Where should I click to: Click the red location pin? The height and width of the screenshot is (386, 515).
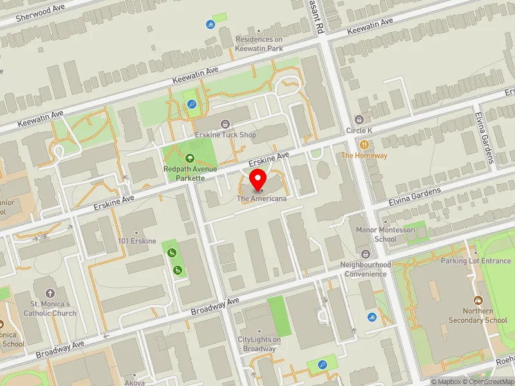[258, 181]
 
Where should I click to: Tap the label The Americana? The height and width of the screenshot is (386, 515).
[261, 198]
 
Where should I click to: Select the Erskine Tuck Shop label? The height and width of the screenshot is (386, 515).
[225, 135]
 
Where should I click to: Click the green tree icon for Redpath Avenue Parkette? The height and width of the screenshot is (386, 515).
[189, 158]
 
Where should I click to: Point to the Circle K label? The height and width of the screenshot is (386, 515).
[359, 131]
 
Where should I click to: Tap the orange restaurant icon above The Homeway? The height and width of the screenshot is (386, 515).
[364, 145]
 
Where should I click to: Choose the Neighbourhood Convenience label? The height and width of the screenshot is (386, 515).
[365, 269]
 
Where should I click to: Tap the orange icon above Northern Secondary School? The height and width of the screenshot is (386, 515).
[478, 300]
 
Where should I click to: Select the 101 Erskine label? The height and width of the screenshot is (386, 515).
[137, 241]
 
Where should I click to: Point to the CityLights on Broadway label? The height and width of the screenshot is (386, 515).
[259, 344]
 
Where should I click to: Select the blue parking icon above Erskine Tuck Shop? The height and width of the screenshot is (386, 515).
[191, 104]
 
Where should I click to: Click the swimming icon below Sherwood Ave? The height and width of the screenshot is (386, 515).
[211, 25]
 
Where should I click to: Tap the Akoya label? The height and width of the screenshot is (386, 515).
[135, 381]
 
